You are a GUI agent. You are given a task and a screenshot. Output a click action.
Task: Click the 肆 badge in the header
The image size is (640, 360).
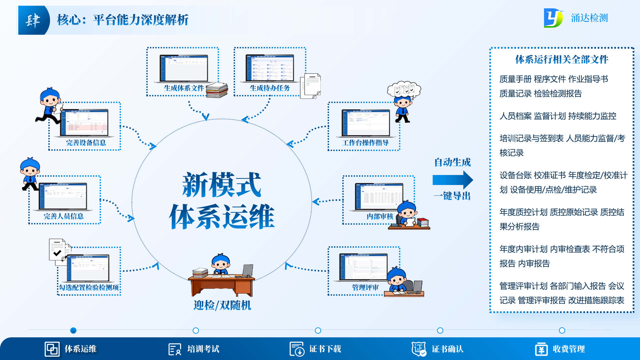33,20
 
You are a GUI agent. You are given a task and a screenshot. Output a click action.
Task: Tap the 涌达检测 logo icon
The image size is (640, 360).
553,18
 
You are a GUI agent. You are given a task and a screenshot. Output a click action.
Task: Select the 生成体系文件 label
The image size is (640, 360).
184,88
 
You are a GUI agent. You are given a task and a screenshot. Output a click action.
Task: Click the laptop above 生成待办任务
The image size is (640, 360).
270,68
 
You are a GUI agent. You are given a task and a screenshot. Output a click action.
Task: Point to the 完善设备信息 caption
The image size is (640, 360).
86,143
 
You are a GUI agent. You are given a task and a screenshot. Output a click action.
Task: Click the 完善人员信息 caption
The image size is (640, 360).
64,216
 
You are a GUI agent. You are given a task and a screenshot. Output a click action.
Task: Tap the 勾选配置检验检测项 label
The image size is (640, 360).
89,288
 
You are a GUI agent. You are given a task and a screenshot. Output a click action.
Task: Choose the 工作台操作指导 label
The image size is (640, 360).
365,143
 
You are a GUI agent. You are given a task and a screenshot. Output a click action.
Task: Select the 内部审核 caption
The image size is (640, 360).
380,217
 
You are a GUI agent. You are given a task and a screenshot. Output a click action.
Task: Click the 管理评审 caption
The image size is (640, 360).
365,288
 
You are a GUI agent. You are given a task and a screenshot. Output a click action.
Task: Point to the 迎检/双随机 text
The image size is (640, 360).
222,305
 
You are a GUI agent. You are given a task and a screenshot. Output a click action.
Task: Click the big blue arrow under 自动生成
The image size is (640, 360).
452,180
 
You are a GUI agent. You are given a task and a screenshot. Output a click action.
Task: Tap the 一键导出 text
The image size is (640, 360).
452,196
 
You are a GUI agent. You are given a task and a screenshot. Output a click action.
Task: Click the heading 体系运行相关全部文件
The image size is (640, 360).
562,60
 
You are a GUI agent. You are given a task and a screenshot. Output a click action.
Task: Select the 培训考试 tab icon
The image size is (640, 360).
175,349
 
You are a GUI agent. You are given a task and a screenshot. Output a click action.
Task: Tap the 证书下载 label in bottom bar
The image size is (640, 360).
325,349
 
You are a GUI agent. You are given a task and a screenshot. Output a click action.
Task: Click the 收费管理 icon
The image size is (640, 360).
541,349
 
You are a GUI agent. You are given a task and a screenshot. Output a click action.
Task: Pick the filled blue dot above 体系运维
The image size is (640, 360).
73,330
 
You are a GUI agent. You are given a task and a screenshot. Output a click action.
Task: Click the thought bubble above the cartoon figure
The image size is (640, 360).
404,90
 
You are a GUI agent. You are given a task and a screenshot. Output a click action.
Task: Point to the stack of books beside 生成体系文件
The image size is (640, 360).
217,90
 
